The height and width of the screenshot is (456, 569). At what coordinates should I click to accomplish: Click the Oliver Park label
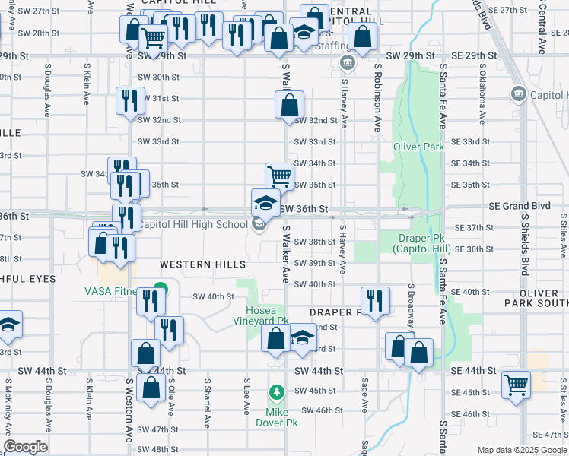pyautogui.click(x=418, y=147)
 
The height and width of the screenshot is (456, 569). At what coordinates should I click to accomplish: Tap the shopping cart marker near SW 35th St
pyautogui.click(x=279, y=176)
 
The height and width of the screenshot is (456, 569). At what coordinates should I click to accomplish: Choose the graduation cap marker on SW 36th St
pyautogui.click(x=265, y=202)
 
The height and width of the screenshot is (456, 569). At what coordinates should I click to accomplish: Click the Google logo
pyautogui.click(x=25, y=447)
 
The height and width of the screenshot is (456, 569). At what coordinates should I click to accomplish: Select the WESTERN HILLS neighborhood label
pyautogui.click(x=203, y=264)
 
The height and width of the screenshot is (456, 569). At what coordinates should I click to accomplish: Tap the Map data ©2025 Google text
pyautogui.click(x=522, y=451)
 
